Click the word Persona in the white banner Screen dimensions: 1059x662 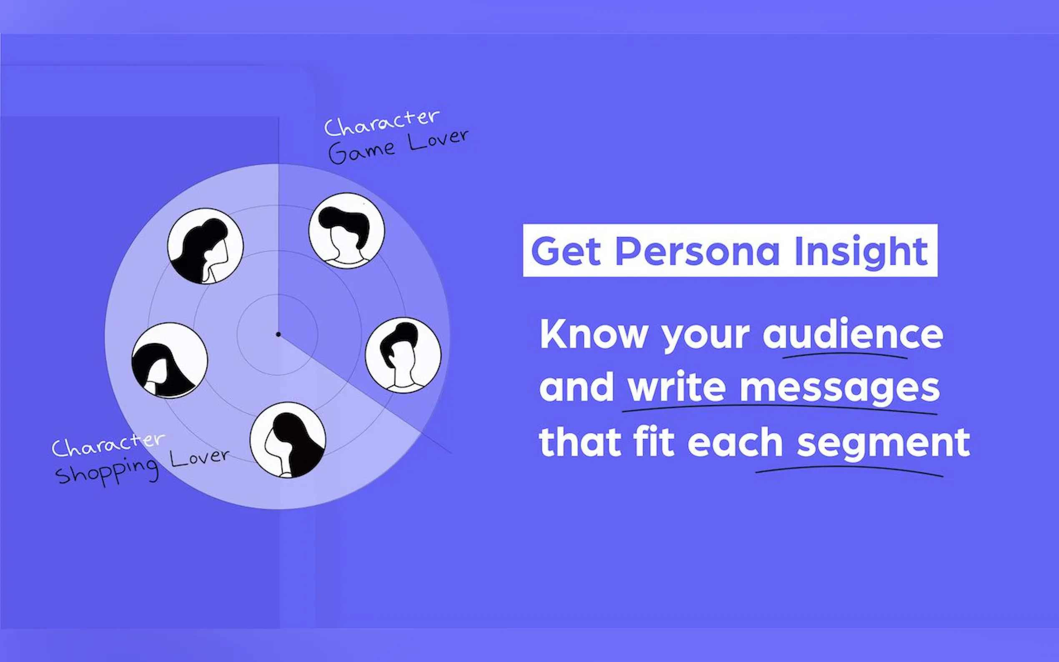(x=698, y=251)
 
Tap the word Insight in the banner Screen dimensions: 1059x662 (x=861, y=251)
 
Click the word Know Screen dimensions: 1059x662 (x=593, y=334)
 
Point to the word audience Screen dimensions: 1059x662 (x=853, y=334)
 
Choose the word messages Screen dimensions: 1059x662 (x=840, y=388)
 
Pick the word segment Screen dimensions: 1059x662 (x=883, y=443)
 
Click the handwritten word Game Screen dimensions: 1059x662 (x=361, y=151)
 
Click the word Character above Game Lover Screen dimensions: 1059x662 (x=381, y=122)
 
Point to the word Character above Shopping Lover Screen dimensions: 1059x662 (x=108, y=444)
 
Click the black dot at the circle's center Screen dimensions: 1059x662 (x=278, y=334)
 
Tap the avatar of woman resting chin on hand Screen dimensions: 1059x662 (x=205, y=246)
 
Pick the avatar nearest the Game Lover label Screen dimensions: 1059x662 (x=347, y=231)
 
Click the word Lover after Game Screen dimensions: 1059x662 (x=438, y=140)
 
